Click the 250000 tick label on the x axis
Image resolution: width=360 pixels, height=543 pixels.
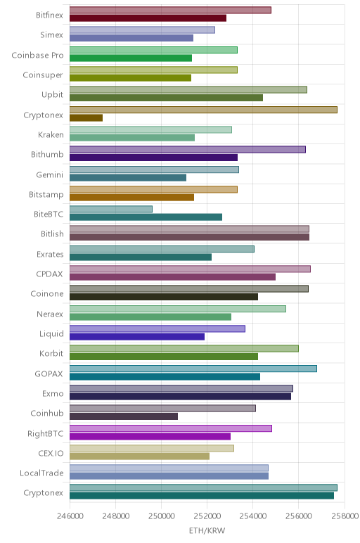tap(161, 516)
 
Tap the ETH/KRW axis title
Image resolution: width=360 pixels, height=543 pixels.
tap(207, 530)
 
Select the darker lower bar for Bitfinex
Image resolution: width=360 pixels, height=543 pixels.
tap(148, 18)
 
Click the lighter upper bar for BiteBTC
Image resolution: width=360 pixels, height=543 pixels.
tap(111, 209)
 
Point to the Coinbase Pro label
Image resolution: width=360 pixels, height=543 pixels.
tap(37, 56)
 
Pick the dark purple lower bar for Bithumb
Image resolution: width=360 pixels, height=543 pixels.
tap(153, 158)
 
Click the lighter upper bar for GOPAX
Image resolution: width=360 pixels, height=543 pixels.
tap(193, 369)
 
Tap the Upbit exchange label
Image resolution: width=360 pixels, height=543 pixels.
tap(52, 95)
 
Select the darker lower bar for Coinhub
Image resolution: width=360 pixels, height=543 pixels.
tap(124, 416)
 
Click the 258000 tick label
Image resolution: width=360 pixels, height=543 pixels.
tap(345, 516)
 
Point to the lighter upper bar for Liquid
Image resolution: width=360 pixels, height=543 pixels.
tap(157, 328)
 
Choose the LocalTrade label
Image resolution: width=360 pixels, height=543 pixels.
tap(41, 473)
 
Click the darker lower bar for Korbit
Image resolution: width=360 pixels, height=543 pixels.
tap(164, 357)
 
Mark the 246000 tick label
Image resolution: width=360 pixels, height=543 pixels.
tap(70, 516)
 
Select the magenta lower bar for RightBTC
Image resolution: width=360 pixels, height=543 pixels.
tap(150, 436)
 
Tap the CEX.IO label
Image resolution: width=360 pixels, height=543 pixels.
tap(51, 453)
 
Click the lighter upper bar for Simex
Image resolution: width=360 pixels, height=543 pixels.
tap(142, 30)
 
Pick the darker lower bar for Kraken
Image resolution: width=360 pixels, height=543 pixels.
tap(132, 137)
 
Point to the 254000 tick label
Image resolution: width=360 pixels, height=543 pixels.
tap(252, 516)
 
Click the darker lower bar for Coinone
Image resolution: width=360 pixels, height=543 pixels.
tap(164, 297)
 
